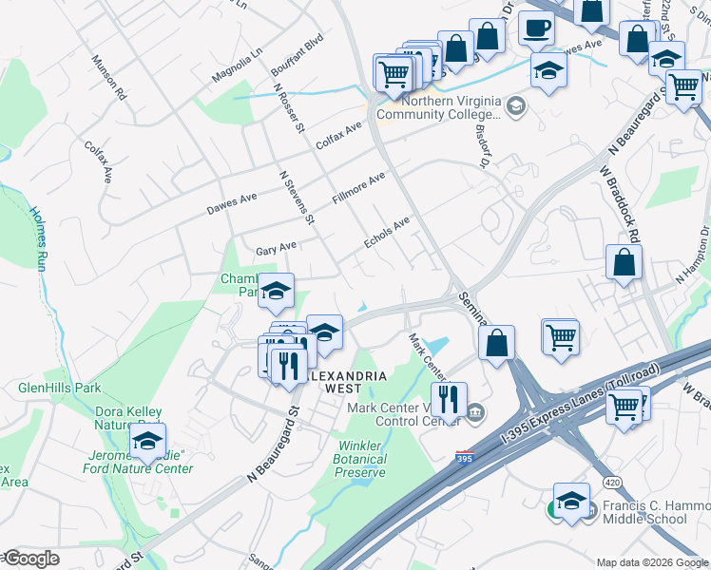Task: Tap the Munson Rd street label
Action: coord(107,77)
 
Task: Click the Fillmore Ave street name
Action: coord(358,187)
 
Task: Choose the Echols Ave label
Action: coord(388,233)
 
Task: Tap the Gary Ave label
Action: coord(277,249)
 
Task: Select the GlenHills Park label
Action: coord(59,388)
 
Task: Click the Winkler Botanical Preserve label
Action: coord(359,459)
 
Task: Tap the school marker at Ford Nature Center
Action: coord(147,441)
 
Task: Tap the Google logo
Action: coord(30,559)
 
